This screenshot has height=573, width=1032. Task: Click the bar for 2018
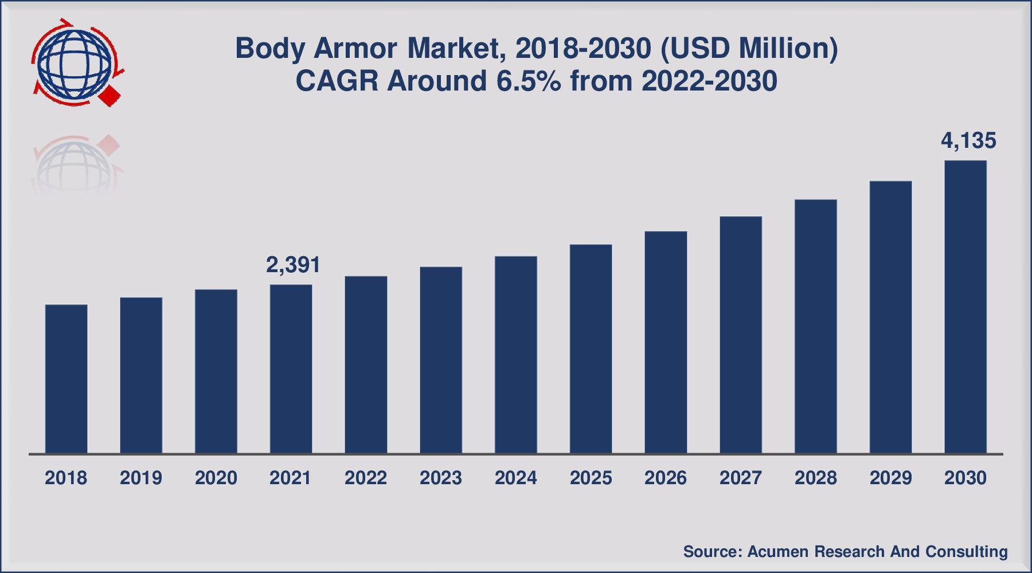(66, 379)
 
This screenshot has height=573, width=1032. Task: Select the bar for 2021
(291, 369)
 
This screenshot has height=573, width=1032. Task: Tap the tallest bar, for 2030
(965, 307)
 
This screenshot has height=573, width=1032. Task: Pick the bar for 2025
(591, 349)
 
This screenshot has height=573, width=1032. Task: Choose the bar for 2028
(815, 327)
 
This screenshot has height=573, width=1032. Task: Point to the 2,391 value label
(293, 265)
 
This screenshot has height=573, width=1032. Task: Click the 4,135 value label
(968, 141)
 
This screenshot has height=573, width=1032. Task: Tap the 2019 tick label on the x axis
(141, 478)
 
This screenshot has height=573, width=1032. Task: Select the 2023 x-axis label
(440, 478)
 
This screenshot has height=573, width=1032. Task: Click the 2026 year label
(665, 478)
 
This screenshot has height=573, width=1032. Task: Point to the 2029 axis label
(890, 478)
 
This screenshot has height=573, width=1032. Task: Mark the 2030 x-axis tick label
(965, 478)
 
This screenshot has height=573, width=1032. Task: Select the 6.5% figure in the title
(528, 81)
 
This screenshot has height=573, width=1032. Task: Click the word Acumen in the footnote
(778, 552)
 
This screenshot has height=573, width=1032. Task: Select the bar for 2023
(440, 360)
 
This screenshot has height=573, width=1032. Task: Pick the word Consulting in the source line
(966, 552)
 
